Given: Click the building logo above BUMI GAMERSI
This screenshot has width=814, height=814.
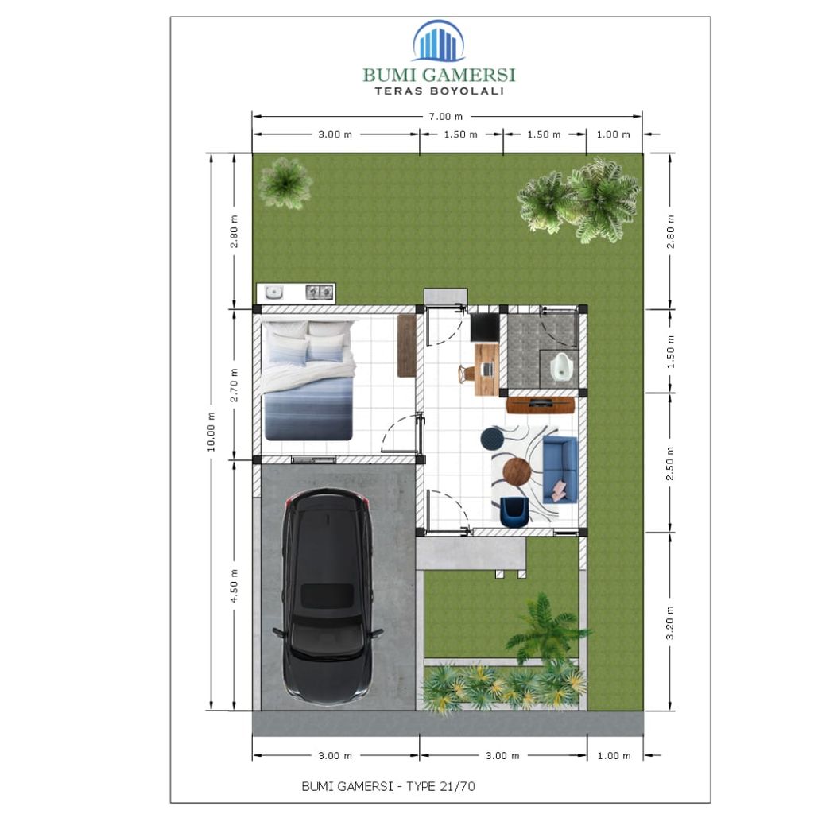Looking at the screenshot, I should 438,41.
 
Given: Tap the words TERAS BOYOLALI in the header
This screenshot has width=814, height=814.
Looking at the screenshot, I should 439,91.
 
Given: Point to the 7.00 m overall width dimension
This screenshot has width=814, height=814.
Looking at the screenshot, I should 445,117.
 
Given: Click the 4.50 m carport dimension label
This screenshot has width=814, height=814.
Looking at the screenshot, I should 234,585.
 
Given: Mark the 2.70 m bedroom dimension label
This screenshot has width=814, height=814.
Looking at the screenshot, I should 234,384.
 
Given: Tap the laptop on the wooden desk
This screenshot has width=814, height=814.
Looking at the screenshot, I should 486,370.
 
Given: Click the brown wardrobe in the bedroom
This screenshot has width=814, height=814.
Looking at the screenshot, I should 407,345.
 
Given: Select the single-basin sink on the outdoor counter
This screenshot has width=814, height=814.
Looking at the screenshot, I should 274,293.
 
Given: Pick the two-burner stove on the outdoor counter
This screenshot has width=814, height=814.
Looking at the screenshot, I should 320,293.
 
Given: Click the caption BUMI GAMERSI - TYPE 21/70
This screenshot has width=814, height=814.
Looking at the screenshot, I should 389,786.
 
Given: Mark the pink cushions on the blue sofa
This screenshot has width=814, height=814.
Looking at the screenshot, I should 561,488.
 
